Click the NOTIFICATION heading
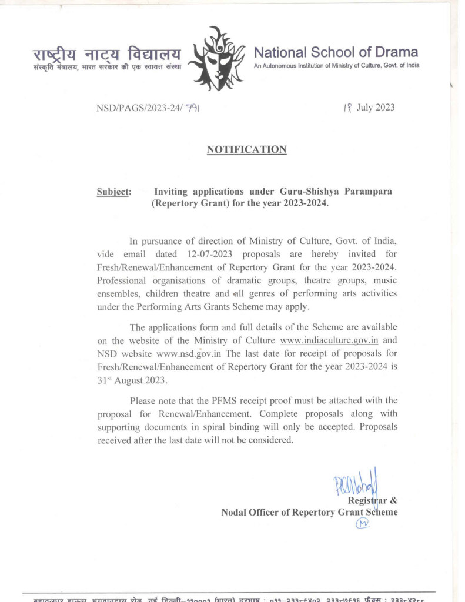[246, 150]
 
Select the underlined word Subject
[113, 192]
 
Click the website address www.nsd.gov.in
[189, 353]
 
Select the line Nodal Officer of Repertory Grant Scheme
[309, 513]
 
